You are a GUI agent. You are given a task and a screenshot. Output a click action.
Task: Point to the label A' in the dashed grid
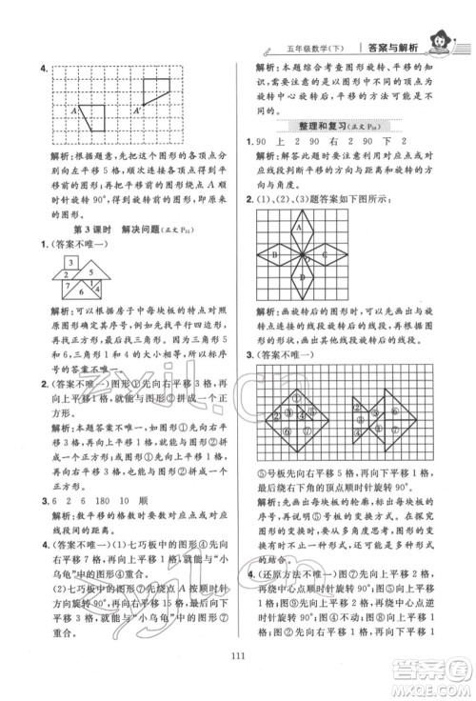click(139, 110)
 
